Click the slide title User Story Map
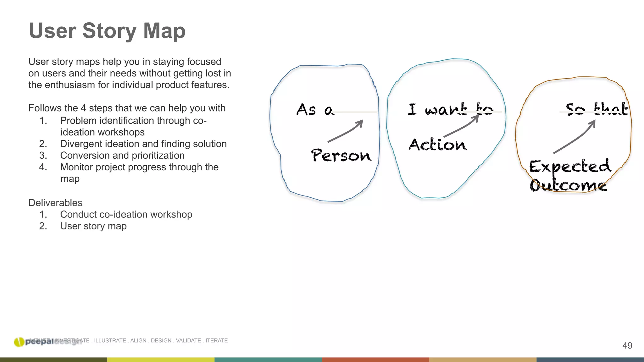(x=107, y=31)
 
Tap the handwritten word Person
(x=341, y=155)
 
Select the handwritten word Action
(x=437, y=145)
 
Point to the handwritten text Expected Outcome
(x=569, y=175)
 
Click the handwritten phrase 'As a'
(x=315, y=110)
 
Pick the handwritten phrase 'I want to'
(x=450, y=109)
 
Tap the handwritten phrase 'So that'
(x=596, y=109)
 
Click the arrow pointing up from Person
(x=346, y=131)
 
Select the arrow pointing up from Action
(x=462, y=126)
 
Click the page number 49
(x=627, y=346)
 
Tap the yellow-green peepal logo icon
(x=19, y=342)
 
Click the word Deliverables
(x=55, y=203)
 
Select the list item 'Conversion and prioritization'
(x=122, y=156)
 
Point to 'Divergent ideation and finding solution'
(x=143, y=144)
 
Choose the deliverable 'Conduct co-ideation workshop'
(x=126, y=215)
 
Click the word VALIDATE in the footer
(x=188, y=341)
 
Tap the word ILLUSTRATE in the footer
(x=110, y=341)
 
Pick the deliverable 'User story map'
(x=93, y=226)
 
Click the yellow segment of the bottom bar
(x=161, y=360)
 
